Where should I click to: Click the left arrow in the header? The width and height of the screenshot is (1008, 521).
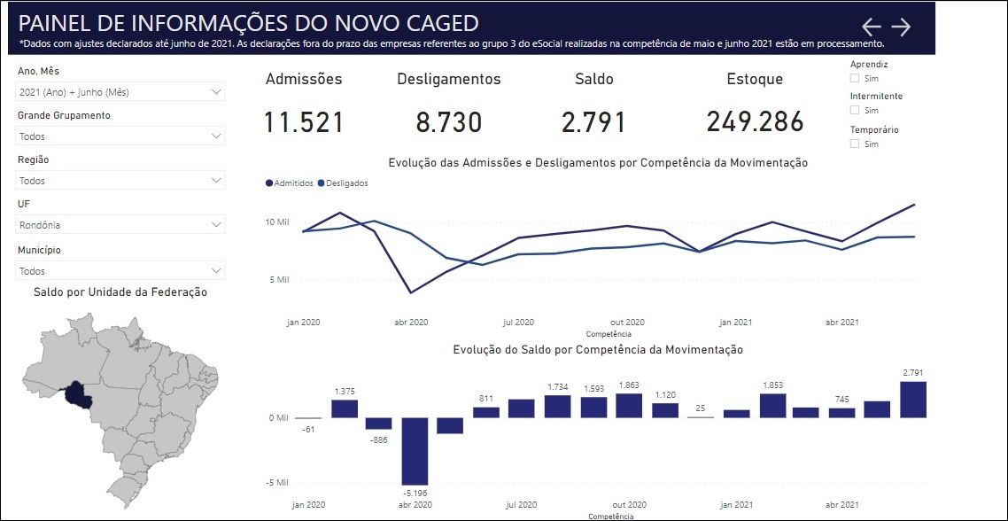point(872,27)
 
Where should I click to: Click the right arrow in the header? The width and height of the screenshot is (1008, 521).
point(901,27)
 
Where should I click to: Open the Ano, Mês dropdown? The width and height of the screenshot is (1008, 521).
point(120,91)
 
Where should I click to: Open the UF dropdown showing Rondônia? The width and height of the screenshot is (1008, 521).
point(120,225)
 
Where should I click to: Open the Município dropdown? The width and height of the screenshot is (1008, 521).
point(120,270)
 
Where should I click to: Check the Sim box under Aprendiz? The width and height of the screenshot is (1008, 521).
point(855,77)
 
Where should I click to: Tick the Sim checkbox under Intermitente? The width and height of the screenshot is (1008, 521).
point(855,110)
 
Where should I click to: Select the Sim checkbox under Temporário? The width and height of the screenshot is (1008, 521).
point(855,144)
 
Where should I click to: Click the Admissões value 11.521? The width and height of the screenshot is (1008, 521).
point(304,122)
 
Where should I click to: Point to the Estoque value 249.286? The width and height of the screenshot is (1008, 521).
point(755,122)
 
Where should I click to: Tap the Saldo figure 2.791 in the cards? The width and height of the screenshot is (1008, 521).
point(593,122)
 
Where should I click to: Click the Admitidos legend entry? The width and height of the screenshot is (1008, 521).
point(290,183)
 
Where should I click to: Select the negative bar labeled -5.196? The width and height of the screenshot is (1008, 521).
point(415,450)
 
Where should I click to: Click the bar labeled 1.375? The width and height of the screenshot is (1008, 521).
point(345,408)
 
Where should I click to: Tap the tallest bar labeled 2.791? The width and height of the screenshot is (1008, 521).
point(913,400)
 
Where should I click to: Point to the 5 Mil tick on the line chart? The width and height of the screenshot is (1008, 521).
point(278,280)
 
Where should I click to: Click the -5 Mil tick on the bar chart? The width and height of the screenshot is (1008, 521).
point(276,484)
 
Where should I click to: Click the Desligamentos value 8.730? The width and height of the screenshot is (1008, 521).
point(448,122)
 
